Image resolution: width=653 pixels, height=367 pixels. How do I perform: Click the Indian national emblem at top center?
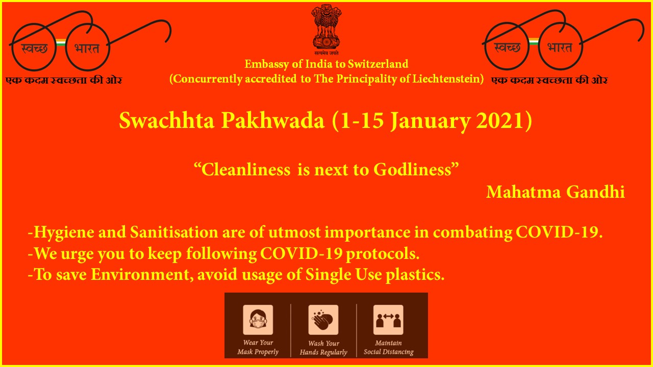pos(326,30)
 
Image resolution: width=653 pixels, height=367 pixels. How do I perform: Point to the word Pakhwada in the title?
pos(272,121)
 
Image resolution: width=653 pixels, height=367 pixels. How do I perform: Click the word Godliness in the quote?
pos(413,170)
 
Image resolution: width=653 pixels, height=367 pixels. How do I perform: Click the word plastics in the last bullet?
pos(415,275)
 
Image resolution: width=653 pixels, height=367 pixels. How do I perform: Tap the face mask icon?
pos(258,320)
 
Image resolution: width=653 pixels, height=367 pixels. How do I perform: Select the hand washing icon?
pos(323,320)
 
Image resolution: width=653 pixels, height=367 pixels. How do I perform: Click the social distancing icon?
pos(388,320)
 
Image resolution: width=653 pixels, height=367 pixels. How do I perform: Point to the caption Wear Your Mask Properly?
pos(258,347)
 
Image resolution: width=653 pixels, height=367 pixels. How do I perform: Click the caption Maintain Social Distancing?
pos(389,348)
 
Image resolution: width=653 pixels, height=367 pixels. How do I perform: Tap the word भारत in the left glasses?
pos(87,48)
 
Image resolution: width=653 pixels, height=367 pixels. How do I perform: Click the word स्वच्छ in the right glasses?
pos(508,47)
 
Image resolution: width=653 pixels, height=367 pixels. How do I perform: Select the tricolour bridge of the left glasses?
pos(60,42)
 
